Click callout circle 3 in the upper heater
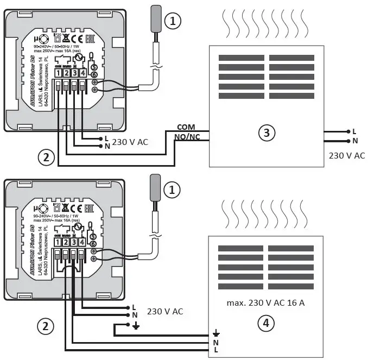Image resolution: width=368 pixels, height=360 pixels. tap(265, 132)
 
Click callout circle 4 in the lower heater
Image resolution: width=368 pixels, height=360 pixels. tap(265, 324)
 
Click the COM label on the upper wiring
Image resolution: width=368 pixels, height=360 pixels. tap(186, 127)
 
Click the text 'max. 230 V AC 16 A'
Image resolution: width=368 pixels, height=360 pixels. tap(265, 302)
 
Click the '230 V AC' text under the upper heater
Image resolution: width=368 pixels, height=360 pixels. tap(347, 155)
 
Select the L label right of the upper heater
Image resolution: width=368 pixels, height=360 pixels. tap(354, 131)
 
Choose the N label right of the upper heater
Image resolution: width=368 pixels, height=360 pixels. tap(354, 141)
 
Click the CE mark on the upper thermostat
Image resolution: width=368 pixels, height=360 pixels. tap(78, 39)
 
